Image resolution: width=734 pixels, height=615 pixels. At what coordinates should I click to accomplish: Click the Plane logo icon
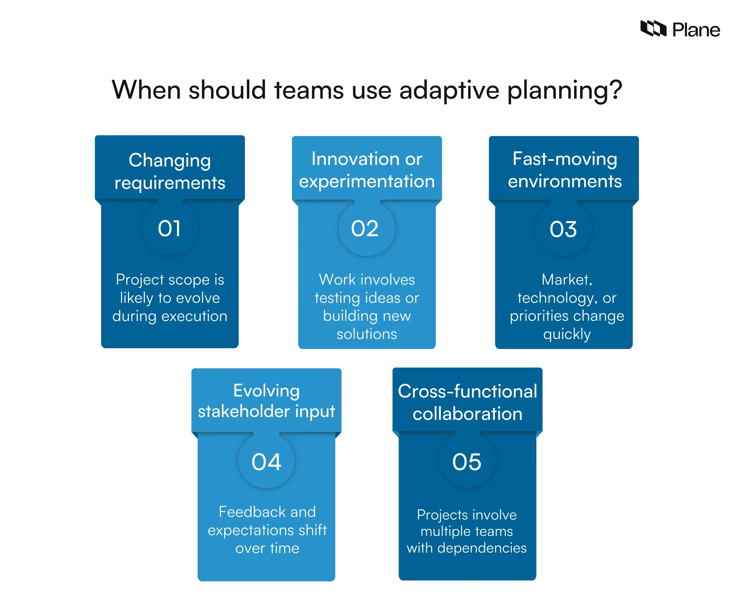(x=653, y=29)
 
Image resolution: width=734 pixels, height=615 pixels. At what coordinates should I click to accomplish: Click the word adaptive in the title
(x=449, y=90)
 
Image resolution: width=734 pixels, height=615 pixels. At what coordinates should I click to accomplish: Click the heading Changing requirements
(x=170, y=171)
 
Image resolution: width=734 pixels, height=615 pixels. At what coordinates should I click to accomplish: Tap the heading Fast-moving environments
(x=565, y=170)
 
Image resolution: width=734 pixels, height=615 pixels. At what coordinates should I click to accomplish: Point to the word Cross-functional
(x=467, y=391)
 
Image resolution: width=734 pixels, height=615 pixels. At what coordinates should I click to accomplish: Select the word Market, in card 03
(x=567, y=280)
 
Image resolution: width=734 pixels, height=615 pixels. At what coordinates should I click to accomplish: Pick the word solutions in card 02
(x=367, y=334)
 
